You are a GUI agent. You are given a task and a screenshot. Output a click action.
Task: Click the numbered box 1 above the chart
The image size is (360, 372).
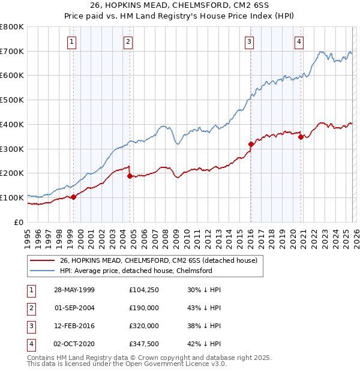tap(72, 41)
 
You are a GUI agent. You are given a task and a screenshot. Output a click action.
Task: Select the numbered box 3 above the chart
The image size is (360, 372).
tap(248, 41)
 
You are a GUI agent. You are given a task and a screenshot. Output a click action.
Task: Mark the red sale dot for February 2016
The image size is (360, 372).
tap(251, 144)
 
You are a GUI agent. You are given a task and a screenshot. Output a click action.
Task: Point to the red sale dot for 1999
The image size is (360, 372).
tap(73, 197)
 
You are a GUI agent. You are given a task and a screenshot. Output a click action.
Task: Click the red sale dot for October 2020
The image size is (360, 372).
tap(301, 137)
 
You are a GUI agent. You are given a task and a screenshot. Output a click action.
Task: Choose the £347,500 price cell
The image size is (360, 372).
tap(145, 344)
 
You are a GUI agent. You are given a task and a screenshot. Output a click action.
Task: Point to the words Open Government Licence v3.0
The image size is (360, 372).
tap(179, 364)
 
